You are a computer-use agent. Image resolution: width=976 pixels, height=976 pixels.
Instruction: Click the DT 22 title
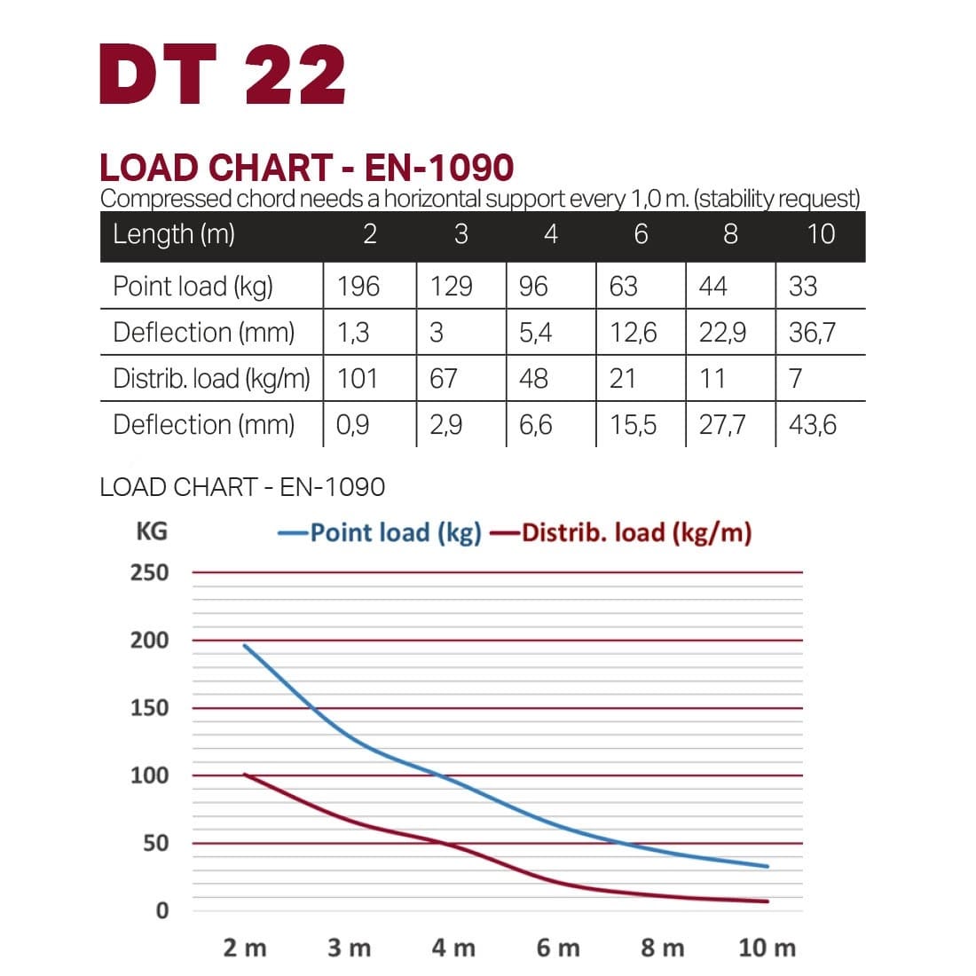pyautogui.click(x=223, y=75)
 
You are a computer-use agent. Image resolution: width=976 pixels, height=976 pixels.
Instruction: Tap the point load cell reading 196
pyautogui.click(x=358, y=286)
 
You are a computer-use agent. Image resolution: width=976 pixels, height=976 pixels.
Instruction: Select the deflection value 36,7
pyautogui.click(x=812, y=332)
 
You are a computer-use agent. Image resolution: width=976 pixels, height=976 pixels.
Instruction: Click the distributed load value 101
pyautogui.click(x=358, y=378)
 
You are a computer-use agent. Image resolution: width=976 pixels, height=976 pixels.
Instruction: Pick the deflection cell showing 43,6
pyautogui.click(x=812, y=424)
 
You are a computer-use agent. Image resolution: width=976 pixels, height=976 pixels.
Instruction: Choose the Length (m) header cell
pyautogui.click(x=174, y=233)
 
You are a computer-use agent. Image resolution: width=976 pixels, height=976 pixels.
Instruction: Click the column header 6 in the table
pyautogui.click(x=641, y=233)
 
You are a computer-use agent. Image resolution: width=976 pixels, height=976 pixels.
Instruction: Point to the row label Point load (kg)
pyautogui.click(x=193, y=286)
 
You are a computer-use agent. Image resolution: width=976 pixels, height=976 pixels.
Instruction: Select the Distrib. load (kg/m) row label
pyautogui.click(x=211, y=378)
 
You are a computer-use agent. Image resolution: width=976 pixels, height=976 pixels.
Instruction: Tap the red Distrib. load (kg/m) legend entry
pyautogui.click(x=621, y=532)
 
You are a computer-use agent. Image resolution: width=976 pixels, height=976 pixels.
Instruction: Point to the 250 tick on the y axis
pyautogui.click(x=149, y=572)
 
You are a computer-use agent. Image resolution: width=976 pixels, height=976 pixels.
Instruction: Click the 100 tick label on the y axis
pyautogui.click(x=149, y=775)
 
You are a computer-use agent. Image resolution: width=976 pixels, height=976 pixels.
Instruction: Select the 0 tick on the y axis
pyautogui.click(x=161, y=910)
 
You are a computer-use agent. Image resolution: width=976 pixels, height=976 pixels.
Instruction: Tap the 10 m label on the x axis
pyautogui.click(x=767, y=948)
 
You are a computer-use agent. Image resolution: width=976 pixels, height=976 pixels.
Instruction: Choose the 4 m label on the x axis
pyautogui.click(x=453, y=948)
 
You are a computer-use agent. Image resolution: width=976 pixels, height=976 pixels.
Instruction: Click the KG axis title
pyautogui.click(x=151, y=531)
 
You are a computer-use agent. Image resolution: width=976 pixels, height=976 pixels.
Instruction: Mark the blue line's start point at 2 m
pyautogui.click(x=245, y=645)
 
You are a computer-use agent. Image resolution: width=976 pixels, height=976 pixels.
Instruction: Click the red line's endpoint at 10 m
pyautogui.click(x=767, y=901)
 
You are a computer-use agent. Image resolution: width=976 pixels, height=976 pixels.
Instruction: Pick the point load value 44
pyautogui.click(x=712, y=286)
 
